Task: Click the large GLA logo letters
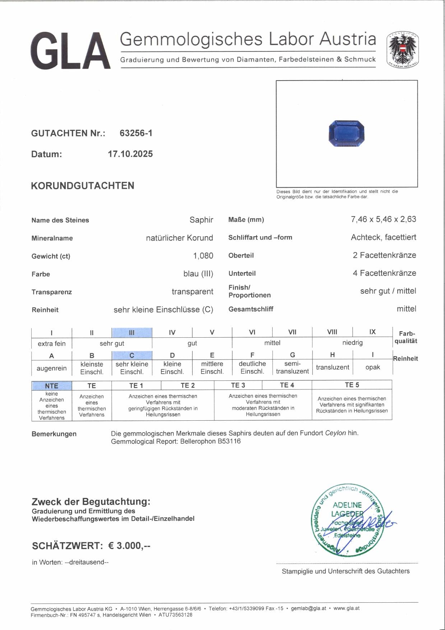pos(70,51)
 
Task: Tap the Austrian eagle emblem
pos(403,50)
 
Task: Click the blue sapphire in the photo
pos(346,134)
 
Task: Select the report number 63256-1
pos(136,133)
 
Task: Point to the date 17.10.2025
pos(130,154)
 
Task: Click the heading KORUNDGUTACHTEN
pos(83,186)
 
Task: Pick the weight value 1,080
pos(203,256)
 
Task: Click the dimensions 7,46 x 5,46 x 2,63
pos(383,219)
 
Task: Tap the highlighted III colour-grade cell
pos(132,333)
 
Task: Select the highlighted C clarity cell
pos(132,355)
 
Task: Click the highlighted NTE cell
pos(52,385)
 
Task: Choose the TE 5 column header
pos(352,385)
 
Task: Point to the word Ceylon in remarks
pos(335,433)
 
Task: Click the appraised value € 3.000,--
pos(129,545)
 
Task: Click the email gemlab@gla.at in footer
pos(309,608)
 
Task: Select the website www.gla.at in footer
pos(346,608)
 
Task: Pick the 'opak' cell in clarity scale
pos(372,367)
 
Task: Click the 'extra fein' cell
pos(52,343)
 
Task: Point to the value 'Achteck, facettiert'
pos(383,237)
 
